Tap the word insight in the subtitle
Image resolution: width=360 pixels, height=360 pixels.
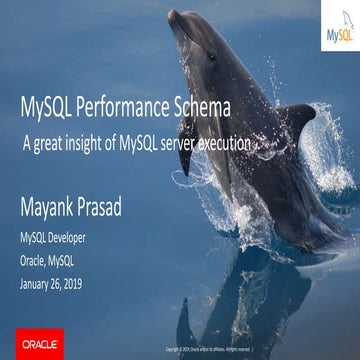point(89,144)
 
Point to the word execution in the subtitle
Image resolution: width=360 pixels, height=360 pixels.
point(220,144)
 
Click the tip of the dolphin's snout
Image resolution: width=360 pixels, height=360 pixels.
point(171,13)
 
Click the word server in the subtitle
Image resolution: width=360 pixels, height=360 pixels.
point(174,144)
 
